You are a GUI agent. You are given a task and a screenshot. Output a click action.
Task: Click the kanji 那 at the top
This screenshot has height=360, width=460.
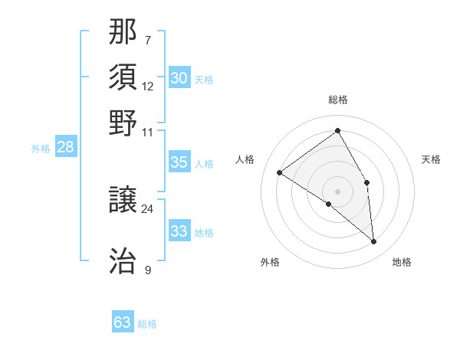(123, 32)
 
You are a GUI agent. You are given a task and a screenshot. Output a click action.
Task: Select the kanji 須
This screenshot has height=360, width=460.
(123, 77)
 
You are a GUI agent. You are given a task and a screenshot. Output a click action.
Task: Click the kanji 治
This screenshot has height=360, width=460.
(123, 262)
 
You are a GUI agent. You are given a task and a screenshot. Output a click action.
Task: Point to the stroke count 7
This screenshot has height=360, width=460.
(148, 40)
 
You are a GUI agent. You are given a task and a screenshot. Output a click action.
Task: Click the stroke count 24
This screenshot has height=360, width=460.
(147, 208)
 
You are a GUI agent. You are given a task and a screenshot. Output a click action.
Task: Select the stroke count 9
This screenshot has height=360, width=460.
(148, 269)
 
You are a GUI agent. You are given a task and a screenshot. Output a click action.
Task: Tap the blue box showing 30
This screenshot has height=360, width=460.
(179, 77)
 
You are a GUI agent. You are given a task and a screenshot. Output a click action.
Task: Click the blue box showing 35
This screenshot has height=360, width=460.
(179, 162)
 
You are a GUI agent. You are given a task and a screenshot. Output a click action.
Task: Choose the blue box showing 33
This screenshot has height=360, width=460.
(179, 231)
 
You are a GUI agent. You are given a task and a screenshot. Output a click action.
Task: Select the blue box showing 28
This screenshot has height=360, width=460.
(65, 148)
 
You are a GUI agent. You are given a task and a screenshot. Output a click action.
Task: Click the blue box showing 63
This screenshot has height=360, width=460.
(123, 322)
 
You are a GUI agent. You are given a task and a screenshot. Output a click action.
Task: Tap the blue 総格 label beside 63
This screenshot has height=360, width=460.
(147, 324)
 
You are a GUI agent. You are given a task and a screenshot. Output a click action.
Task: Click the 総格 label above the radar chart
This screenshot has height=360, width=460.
(337, 100)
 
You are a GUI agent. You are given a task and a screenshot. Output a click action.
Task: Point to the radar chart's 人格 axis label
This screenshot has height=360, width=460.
(245, 159)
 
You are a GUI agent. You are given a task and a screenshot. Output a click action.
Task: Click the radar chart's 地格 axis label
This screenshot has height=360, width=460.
(402, 262)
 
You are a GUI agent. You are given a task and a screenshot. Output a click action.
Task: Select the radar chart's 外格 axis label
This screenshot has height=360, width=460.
(270, 262)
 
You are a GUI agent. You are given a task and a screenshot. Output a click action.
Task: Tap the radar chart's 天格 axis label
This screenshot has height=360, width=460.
(431, 159)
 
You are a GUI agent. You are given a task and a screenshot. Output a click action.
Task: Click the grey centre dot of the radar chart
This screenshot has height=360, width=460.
(337, 191)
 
